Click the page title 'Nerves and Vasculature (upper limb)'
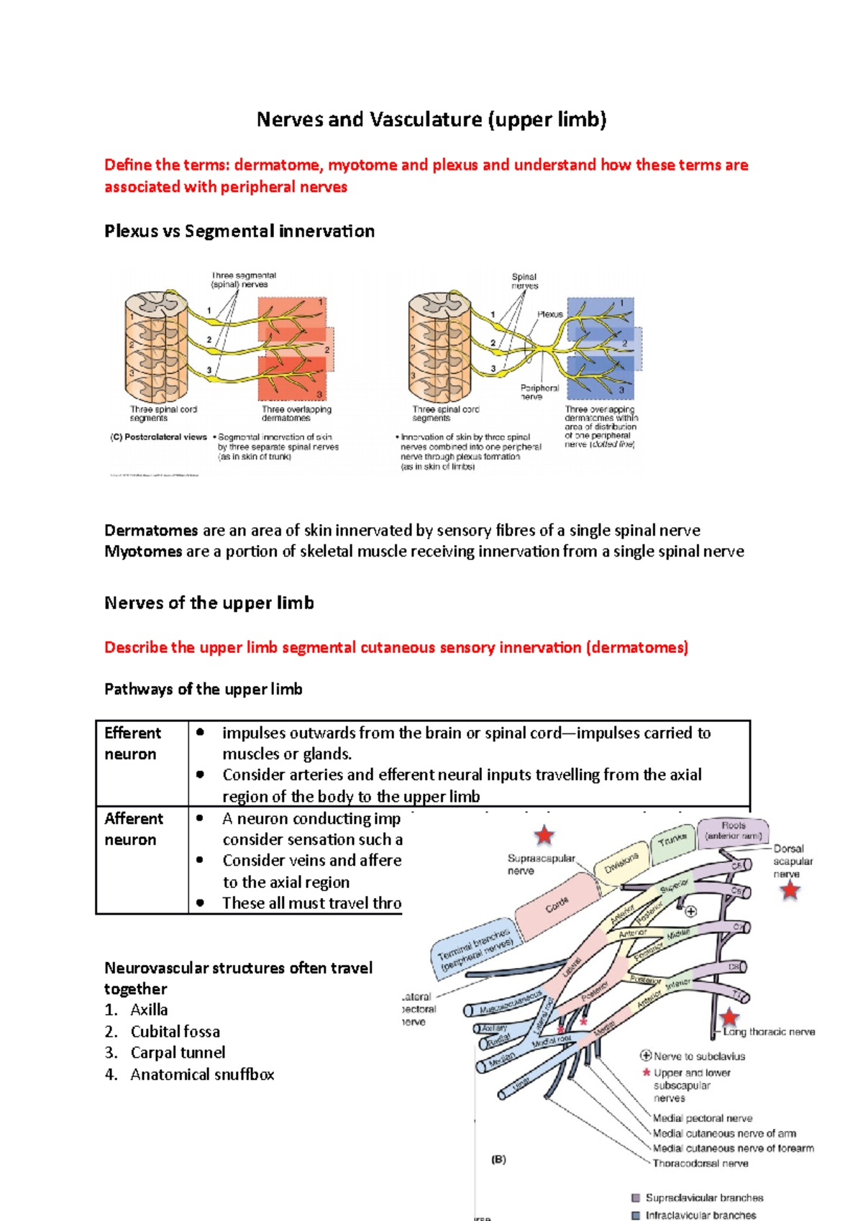(x=431, y=119)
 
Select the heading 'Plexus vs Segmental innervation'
(x=239, y=232)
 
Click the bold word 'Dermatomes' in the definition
(x=151, y=531)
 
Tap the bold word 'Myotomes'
(x=143, y=552)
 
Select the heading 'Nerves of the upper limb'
(x=209, y=603)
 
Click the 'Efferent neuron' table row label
(x=133, y=744)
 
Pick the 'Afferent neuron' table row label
(x=134, y=829)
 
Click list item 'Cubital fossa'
(x=175, y=1032)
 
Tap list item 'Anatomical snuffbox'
(x=202, y=1075)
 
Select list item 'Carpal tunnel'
(x=178, y=1053)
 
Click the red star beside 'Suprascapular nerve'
(x=544, y=836)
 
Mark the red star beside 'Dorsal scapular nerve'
(x=790, y=891)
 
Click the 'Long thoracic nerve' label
(x=769, y=1032)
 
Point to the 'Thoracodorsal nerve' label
(x=700, y=1163)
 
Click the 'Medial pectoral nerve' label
(x=702, y=1118)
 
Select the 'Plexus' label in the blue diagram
(x=550, y=314)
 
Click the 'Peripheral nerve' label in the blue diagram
(x=539, y=392)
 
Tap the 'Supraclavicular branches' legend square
(x=636, y=1198)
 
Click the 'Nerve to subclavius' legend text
(x=699, y=1056)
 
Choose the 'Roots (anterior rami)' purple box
(x=734, y=831)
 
